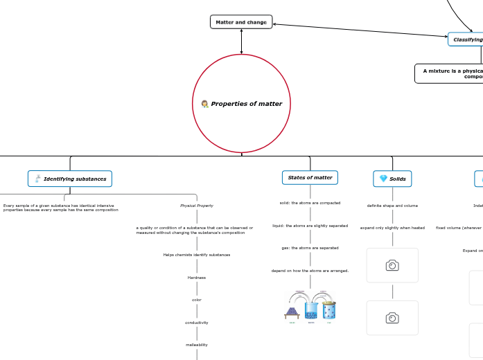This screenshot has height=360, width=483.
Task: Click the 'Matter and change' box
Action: (x=241, y=22)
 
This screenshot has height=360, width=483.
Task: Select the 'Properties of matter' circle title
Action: (x=246, y=104)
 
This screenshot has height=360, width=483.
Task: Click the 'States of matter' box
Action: (x=310, y=178)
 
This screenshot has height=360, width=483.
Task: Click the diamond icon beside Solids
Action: (x=383, y=179)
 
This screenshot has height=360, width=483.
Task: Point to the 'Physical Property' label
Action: (x=197, y=206)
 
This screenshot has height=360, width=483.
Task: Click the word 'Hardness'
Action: (x=197, y=278)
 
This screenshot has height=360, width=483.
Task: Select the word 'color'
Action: (x=197, y=300)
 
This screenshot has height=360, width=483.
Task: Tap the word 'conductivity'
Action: (x=197, y=323)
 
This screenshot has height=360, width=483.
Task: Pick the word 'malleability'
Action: (x=197, y=345)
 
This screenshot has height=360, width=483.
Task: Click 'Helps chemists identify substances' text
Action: (x=197, y=255)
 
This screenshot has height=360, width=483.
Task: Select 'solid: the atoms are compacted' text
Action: (x=310, y=203)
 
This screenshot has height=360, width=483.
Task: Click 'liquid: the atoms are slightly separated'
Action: (x=310, y=226)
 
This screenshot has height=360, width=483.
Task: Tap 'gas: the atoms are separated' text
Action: (x=310, y=248)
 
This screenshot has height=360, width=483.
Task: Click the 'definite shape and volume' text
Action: (x=392, y=206)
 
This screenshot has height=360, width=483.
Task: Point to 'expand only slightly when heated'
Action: (x=392, y=228)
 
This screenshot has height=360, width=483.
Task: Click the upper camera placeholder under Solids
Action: (x=392, y=265)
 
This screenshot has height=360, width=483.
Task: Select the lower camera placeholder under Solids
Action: (x=392, y=318)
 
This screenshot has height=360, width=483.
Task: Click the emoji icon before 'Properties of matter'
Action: (x=205, y=104)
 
